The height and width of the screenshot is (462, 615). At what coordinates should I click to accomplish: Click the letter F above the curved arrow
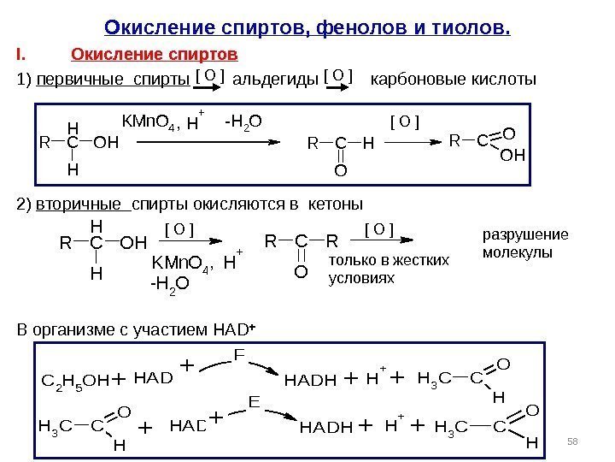(239, 353)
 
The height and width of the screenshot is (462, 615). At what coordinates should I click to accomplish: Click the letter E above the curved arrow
(253, 401)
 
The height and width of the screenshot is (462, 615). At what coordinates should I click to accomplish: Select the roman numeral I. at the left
(20, 56)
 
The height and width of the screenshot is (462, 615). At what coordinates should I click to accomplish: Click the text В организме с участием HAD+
(135, 329)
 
